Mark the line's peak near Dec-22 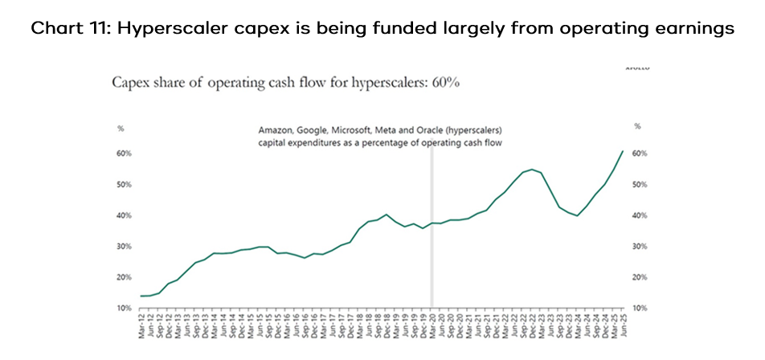[x=532, y=170]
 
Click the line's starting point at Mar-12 [x=141, y=296]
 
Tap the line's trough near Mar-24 [x=578, y=215]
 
